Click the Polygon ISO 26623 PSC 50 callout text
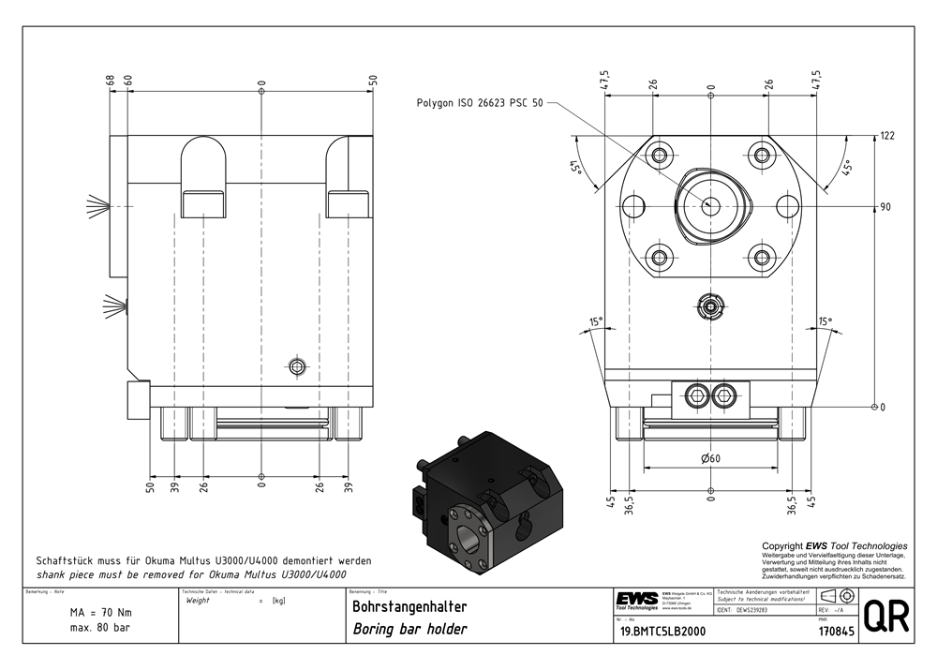479,103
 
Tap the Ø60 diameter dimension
710,458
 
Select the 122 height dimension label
887,136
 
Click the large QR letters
885,619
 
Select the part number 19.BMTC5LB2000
660,632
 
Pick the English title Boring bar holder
409,629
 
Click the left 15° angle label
596,322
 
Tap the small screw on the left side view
298,365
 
